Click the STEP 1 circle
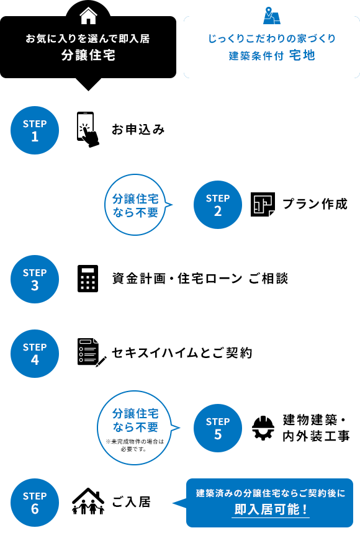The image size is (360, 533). (x=35, y=130)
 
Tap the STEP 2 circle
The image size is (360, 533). (x=217, y=204)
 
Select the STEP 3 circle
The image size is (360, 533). (x=35, y=279)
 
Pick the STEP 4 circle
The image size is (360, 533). (x=35, y=353)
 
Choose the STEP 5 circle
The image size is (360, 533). (x=217, y=428)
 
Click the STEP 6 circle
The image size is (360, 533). (x=35, y=502)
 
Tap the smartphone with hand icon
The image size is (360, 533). (x=88, y=130)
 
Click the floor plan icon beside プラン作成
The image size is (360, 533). (x=263, y=204)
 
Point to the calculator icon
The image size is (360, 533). (x=88, y=279)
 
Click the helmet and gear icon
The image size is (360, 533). (x=263, y=428)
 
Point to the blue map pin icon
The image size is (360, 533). (x=271, y=14)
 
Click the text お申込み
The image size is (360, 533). (x=138, y=130)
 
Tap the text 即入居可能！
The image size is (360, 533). (x=271, y=510)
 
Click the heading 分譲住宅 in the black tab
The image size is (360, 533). (x=88, y=55)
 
